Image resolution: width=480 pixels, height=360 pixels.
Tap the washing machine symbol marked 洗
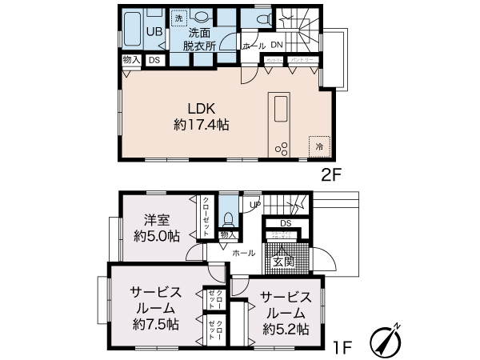pos(180,16)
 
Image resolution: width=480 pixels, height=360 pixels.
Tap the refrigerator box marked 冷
pos(319,146)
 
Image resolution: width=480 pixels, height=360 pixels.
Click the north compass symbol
pos(384,342)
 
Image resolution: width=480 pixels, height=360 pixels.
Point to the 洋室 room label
pos(157,219)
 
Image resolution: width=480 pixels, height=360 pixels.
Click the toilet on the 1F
pos(229,218)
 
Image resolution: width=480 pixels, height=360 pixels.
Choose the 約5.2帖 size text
pos(286,329)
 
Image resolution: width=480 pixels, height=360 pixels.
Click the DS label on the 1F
pos(286,223)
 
